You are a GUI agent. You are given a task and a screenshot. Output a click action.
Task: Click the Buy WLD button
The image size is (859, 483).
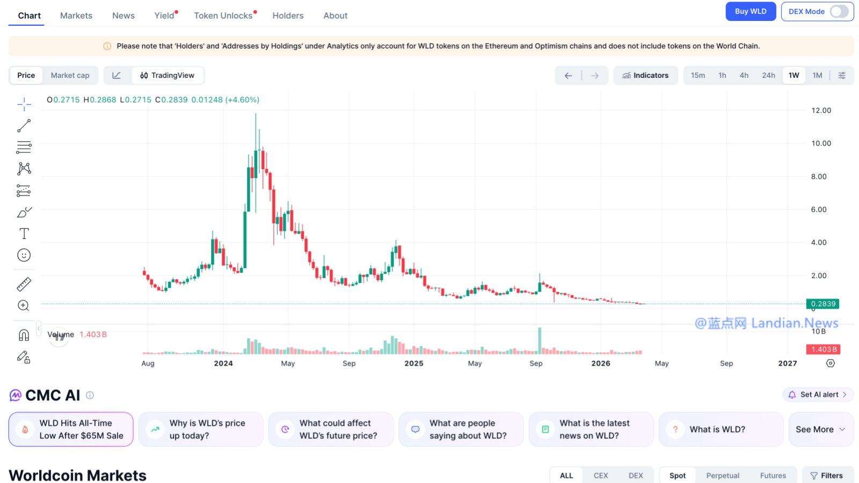tap(751, 11)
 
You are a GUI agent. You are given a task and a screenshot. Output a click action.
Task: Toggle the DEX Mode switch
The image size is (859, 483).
tap(839, 11)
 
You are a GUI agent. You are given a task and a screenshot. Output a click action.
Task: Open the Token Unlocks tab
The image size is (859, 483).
tap(223, 16)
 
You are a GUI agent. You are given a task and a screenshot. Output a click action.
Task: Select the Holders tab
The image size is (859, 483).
tap(288, 16)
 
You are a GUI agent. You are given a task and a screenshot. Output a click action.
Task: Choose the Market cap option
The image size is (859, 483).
tap(70, 75)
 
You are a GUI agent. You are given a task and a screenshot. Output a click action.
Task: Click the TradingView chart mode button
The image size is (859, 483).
tap(168, 75)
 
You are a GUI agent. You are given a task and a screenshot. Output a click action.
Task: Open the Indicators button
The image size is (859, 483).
tap(645, 75)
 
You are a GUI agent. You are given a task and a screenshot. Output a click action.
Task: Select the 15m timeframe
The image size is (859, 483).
tap(697, 75)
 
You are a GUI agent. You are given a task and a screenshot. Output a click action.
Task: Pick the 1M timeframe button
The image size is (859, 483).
tap(817, 75)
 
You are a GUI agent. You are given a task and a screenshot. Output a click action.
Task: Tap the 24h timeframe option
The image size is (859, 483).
tap(768, 75)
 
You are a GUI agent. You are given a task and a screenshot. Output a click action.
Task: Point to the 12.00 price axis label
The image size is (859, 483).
tap(821, 111)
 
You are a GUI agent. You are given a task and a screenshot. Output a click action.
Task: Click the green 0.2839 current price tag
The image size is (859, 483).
tap(822, 304)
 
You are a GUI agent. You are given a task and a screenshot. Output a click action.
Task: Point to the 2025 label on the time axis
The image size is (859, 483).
tap(414, 363)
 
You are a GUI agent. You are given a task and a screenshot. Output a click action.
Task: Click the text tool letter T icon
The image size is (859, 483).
tap(24, 233)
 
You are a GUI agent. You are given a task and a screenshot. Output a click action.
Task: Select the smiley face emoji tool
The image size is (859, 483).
tap(24, 255)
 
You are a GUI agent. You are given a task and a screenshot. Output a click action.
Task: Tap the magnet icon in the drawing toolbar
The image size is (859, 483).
tap(24, 335)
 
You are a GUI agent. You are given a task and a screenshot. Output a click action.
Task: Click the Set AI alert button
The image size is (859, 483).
tap(818, 394)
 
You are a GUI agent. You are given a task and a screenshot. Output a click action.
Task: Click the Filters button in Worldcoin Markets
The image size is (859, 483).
tap(827, 475)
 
